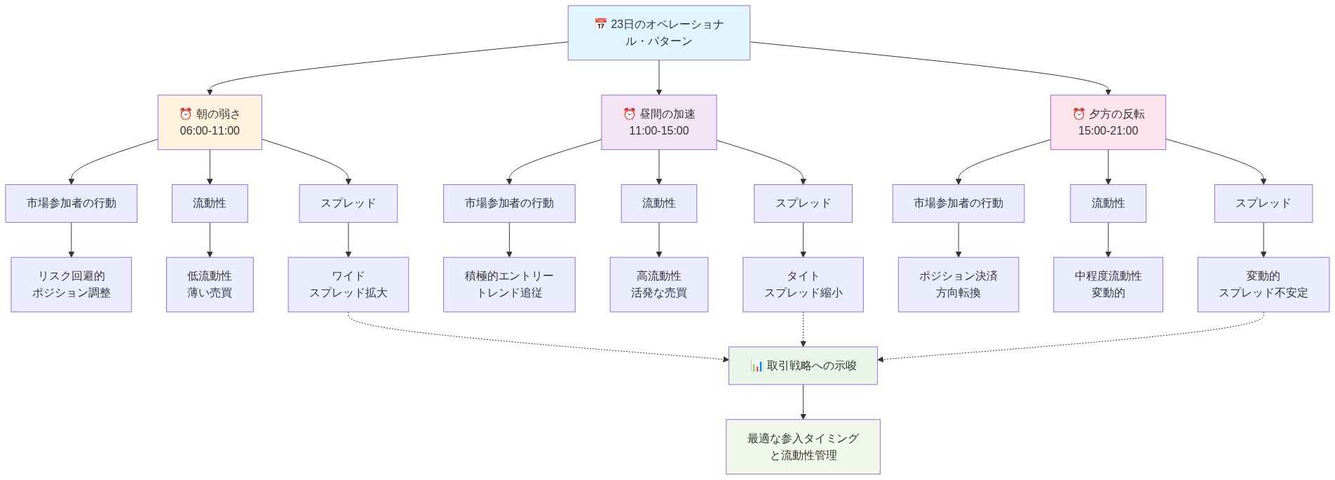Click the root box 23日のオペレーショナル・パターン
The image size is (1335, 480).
pyautogui.click(x=658, y=33)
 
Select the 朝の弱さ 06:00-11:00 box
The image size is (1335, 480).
pyautogui.click(x=210, y=122)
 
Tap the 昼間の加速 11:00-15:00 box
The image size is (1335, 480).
pyautogui.click(x=658, y=122)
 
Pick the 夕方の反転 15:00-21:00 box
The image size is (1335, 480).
pyautogui.click(x=1108, y=122)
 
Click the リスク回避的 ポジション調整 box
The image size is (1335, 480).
pyautogui.click(x=71, y=284)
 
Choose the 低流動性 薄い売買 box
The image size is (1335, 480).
pyautogui.click(x=210, y=284)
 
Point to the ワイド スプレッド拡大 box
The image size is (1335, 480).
pyautogui.click(x=348, y=284)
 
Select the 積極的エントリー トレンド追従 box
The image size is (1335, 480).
pyautogui.click(x=509, y=284)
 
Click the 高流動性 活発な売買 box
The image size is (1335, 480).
pyautogui.click(x=658, y=284)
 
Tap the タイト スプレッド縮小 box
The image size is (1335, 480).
pyautogui.click(x=803, y=284)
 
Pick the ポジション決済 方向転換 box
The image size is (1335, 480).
pyautogui.click(x=958, y=284)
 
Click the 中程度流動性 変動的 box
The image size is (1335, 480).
pyautogui.click(x=1108, y=284)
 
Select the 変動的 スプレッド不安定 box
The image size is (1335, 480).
pyautogui.click(x=1263, y=284)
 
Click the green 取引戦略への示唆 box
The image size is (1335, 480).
pyautogui.click(x=803, y=366)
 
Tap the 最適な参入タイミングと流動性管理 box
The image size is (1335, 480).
pyautogui.click(x=803, y=447)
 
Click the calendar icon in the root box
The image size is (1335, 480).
pyautogui.click(x=601, y=25)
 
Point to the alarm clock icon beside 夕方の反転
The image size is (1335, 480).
pyautogui.click(x=1079, y=114)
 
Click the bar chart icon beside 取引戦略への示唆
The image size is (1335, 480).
pyautogui.click(x=757, y=366)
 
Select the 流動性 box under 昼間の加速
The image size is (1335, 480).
pyautogui.click(x=658, y=203)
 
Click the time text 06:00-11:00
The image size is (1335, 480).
pyautogui.click(x=210, y=131)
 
